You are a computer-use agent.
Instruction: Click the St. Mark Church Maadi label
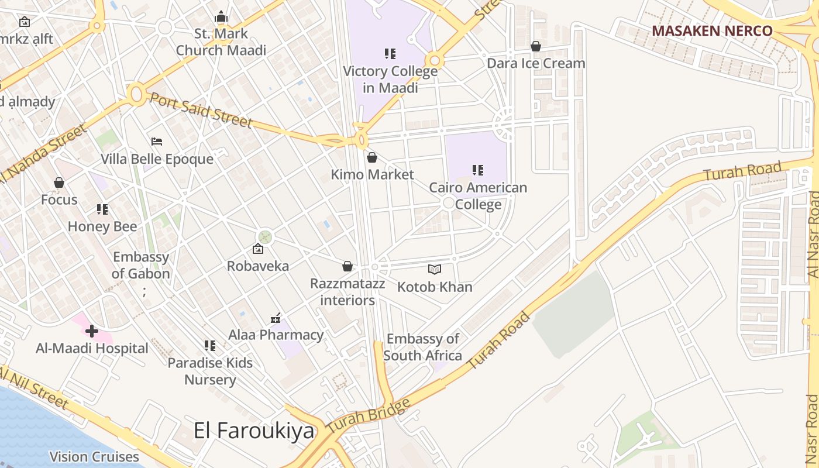point(221,42)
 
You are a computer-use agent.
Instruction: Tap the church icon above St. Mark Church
point(221,17)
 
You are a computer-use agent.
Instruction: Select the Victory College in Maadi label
point(390,80)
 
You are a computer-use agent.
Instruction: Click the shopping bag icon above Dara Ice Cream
point(535,46)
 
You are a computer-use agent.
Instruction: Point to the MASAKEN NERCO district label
point(712,30)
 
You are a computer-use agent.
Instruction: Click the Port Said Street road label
point(201,109)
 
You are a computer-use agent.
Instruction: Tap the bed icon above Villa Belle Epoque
point(157,142)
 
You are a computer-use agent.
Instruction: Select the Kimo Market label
point(372,174)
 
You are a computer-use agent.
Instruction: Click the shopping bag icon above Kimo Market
point(372,157)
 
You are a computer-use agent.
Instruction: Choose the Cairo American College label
point(478,196)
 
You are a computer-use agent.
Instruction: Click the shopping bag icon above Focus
point(58,183)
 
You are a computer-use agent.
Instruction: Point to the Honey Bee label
point(102,226)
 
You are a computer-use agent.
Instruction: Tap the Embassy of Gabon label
point(141,265)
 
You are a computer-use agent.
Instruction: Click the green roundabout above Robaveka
point(266,237)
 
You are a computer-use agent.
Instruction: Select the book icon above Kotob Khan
point(434,269)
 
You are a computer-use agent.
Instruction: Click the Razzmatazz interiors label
point(347,292)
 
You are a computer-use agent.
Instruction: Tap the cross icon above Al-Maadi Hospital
point(91,331)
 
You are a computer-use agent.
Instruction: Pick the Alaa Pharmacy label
point(276,335)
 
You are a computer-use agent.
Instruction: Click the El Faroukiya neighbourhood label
point(254,431)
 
